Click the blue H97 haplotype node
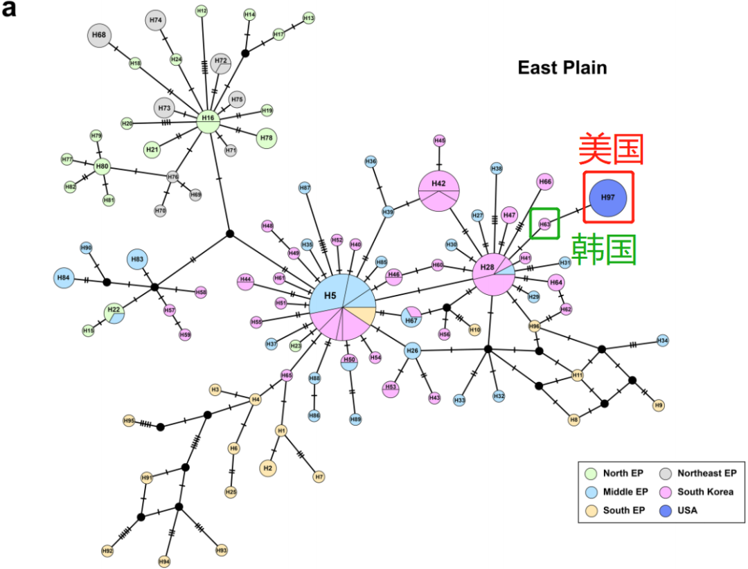coord(607,198)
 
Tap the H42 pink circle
coord(438,190)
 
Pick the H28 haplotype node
coord(493,273)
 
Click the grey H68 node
coord(100,35)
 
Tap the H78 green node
coord(267,138)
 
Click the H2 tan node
coord(269,469)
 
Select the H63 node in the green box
coord(544,224)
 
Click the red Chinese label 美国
coord(611,149)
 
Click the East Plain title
coord(562,68)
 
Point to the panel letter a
coord(10,10)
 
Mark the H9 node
coord(659,405)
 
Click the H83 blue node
coord(136,259)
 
